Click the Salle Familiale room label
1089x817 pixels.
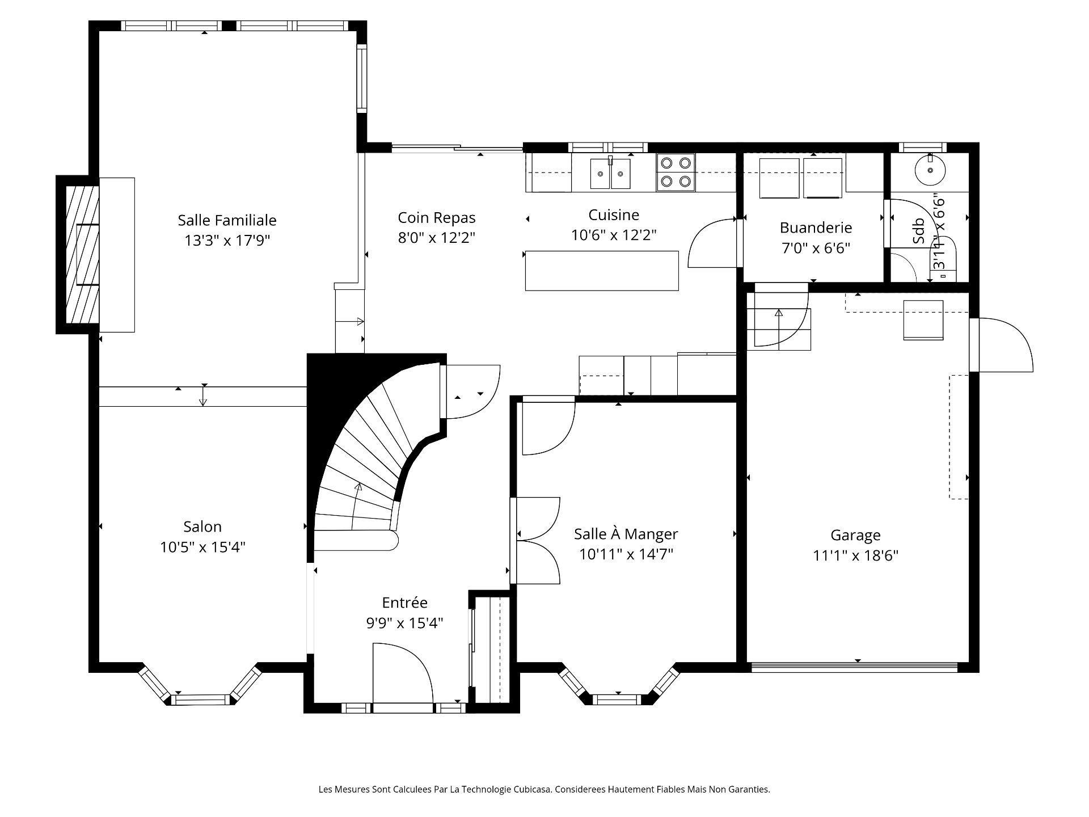227,220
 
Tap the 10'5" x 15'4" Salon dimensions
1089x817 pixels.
202,548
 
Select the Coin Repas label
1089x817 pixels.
436,218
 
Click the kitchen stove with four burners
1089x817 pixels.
676,172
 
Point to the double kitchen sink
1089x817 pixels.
610,174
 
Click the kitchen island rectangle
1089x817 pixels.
602,271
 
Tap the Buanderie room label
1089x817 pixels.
816,228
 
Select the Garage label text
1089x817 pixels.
855,535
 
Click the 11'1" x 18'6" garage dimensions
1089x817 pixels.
855,555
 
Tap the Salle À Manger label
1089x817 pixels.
626,534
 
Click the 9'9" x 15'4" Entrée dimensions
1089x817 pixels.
404,624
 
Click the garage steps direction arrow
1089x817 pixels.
779,313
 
